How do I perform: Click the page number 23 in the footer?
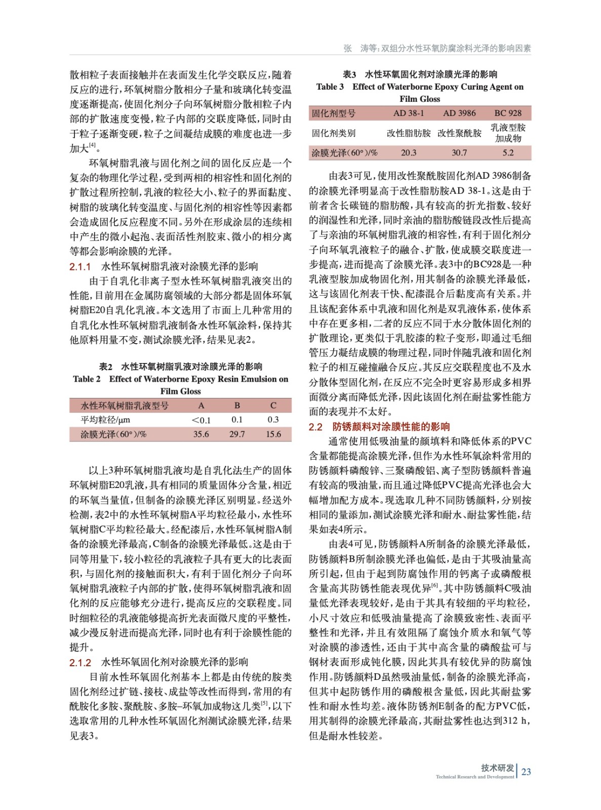[x=526, y=772]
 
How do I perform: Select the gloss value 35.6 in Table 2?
[x=201, y=434]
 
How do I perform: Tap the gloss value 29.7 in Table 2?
[x=237, y=434]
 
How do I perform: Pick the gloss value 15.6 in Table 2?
[x=273, y=434]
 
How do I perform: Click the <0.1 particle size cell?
[x=201, y=420]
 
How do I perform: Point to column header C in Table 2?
[x=273, y=406]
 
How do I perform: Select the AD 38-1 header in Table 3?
[x=409, y=113]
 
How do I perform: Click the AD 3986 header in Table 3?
[x=459, y=113]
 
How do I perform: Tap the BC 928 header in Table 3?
[x=508, y=113]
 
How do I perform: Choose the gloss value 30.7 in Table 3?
[x=459, y=152]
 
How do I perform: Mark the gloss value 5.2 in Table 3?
[x=508, y=152]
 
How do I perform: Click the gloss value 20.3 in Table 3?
[x=409, y=152]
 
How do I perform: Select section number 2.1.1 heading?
[x=80, y=266]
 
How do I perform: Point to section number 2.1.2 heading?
[x=80, y=662]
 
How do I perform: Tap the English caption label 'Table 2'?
[x=87, y=379]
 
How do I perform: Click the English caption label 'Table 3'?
[x=330, y=87]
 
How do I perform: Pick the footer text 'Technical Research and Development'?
[x=474, y=777]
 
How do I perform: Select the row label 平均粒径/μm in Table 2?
[x=105, y=420]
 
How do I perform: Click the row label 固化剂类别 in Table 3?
[x=333, y=133]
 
